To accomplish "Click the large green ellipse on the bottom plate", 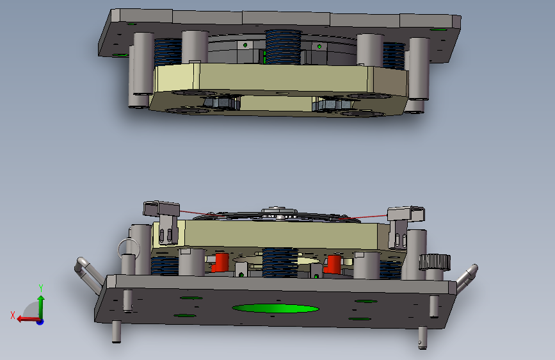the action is coord(275,308).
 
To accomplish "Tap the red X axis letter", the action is coord(13,315).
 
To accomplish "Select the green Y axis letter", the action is coord(41,288).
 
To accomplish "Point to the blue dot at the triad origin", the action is coord(40,322).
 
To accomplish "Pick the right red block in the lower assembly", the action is coord(333,265).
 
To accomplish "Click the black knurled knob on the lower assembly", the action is coord(435,262).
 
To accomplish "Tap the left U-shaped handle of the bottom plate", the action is coord(89,275).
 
